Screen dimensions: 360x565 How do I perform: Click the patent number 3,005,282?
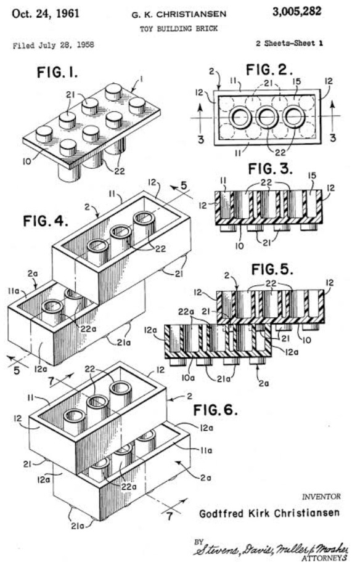[297, 12]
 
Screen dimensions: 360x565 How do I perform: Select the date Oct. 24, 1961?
[46, 14]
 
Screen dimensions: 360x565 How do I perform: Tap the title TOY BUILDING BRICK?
[179, 28]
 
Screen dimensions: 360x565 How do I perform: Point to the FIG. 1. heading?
[57, 73]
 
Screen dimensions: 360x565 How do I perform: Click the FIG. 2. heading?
[269, 70]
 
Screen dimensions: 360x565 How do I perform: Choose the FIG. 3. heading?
[270, 169]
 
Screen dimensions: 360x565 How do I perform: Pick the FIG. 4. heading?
[46, 221]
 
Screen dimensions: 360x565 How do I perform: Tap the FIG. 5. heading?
[272, 269]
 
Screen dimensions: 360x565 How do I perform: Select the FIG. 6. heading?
[216, 410]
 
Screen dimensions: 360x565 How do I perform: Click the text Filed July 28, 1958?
[54, 45]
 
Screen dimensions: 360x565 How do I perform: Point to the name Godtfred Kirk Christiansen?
[269, 513]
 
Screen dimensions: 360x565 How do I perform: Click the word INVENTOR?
[321, 497]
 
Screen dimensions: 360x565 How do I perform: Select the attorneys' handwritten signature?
[270, 549]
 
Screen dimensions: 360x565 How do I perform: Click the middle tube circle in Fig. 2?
[267, 117]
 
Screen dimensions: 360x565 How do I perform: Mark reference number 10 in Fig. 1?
[27, 161]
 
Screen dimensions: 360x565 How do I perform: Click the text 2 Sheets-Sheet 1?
[289, 43]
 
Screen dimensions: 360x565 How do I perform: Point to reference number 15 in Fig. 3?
[312, 176]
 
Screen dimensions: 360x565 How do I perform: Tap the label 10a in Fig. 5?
[187, 378]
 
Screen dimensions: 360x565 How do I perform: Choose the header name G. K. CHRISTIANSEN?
[179, 14]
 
